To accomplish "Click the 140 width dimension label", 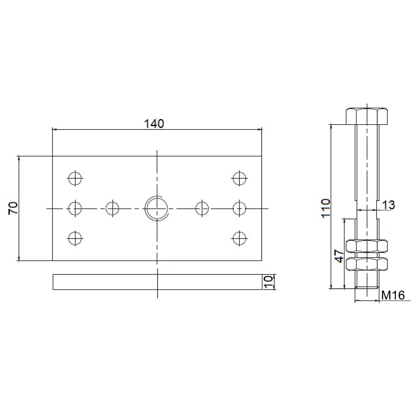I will [154, 124].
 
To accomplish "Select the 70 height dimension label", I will [13, 208].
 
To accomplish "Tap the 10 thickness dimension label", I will [268, 282].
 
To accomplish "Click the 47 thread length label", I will [340, 256].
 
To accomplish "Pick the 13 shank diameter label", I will [389, 205].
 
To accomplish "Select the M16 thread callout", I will [393, 295].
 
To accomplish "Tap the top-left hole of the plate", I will [75, 178].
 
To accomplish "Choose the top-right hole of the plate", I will [239, 178].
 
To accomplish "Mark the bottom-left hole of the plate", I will [75, 238].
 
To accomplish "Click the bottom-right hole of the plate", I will [239, 238].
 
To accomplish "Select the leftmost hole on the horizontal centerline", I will [75, 208].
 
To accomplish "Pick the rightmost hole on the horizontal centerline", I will [239, 208].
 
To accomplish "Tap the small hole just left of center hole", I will [112, 208].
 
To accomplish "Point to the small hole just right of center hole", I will [202, 208].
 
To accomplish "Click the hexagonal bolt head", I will [367, 116].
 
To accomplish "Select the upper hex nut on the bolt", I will [367, 246].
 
